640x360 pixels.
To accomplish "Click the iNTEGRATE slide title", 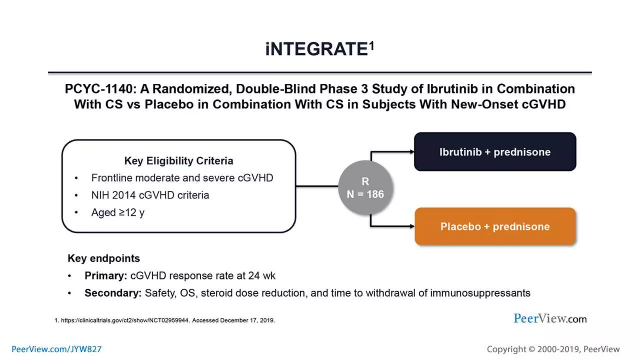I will coord(316,49).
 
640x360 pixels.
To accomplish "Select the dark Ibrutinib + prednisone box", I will coord(495,152).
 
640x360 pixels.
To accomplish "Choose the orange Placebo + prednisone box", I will coord(495,227).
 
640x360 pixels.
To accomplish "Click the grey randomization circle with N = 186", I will coord(365,188).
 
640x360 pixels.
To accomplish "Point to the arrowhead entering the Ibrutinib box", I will coord(412,152).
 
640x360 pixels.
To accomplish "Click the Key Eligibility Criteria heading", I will coord(178,161).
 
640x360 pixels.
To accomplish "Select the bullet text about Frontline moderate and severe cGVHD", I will coord(182,178).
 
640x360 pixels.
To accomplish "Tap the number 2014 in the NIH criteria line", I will coord(124,195).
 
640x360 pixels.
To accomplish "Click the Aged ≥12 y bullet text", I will coord(118,212).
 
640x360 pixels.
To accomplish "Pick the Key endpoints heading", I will coord(103,258).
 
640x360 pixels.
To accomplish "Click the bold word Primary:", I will coord(105,276).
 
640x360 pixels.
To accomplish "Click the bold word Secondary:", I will coord(113,293).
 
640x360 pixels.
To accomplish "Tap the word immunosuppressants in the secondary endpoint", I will coord(480,293).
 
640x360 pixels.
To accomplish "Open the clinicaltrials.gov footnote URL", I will coord(125,320).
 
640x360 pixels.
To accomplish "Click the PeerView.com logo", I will coord(550,319).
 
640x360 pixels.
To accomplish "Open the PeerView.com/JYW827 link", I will coord(57,349).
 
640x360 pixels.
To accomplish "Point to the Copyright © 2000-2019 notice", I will coord(553,349).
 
